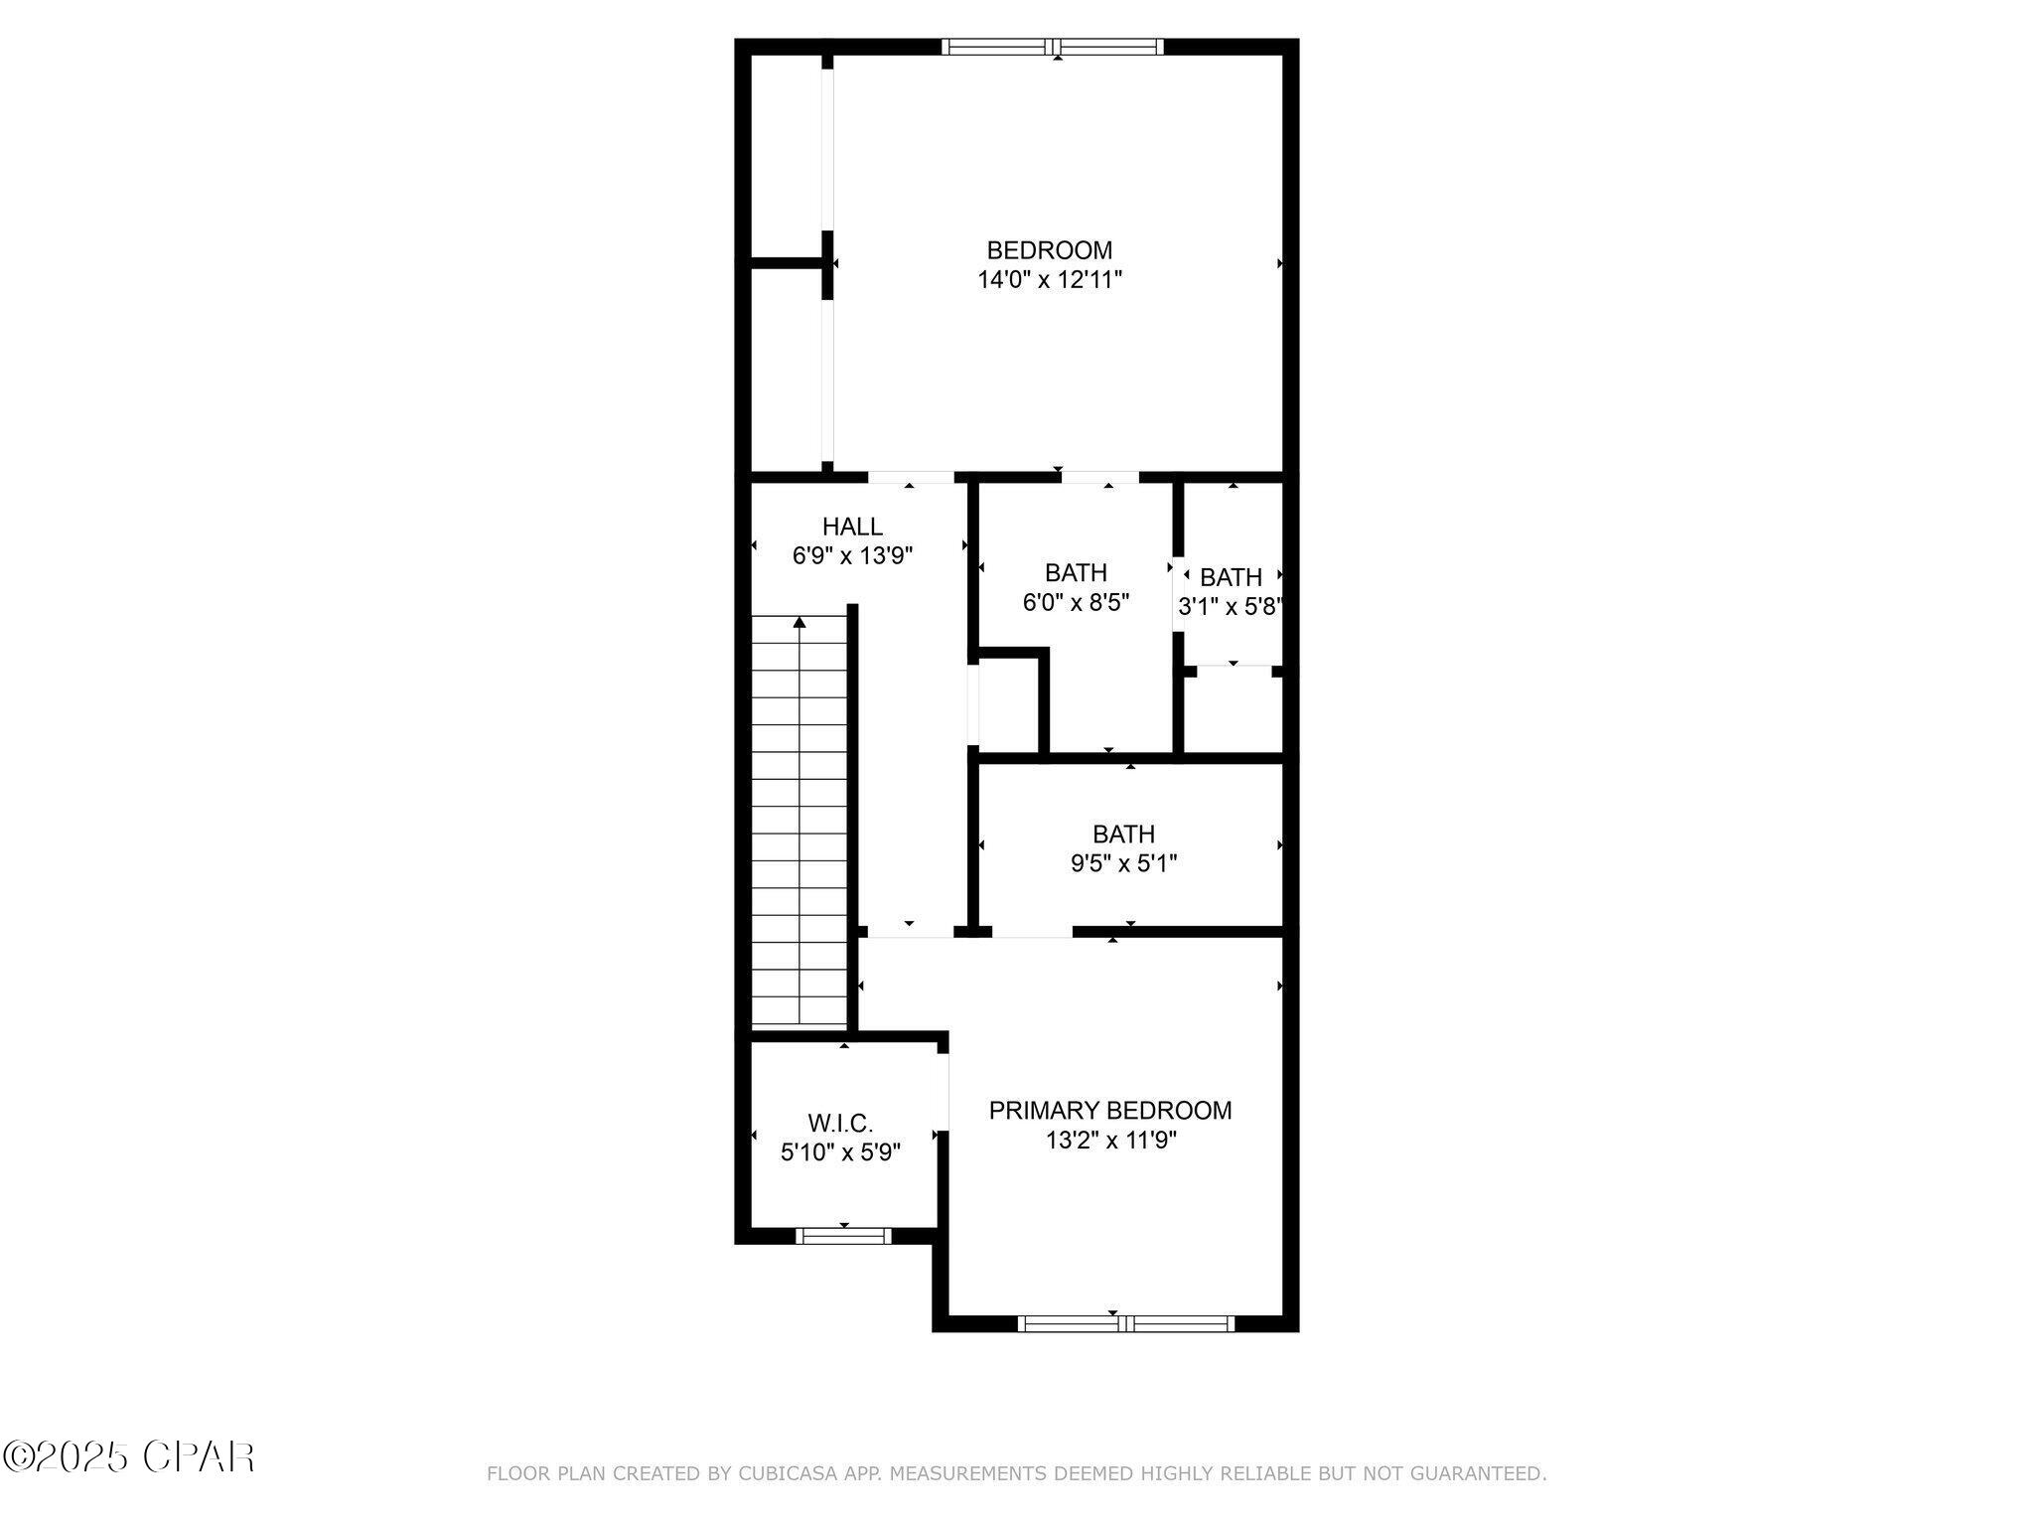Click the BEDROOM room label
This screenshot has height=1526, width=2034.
1049,250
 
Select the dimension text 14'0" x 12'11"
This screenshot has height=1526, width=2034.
1049,280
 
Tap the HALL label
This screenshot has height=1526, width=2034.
852,527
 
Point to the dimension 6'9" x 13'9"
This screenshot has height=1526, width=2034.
852,555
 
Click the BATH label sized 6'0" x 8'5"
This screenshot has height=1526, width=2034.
1076,573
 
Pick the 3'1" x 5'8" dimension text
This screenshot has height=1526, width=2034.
1229,607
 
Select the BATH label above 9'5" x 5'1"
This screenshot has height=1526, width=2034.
1123,835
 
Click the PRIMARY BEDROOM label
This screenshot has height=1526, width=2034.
1109,1111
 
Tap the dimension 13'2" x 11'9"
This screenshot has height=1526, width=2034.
1109,1141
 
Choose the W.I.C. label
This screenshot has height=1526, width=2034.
840,1124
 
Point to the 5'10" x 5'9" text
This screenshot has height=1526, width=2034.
840,1152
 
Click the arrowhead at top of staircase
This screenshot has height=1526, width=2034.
799,623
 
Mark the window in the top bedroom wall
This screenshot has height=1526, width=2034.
1053,46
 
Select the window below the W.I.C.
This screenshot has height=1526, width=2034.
843,1236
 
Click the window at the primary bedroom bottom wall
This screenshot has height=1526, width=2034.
1126,1323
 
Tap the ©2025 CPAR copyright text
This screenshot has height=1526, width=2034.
129,1457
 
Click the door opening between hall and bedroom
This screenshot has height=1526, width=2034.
911,477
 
